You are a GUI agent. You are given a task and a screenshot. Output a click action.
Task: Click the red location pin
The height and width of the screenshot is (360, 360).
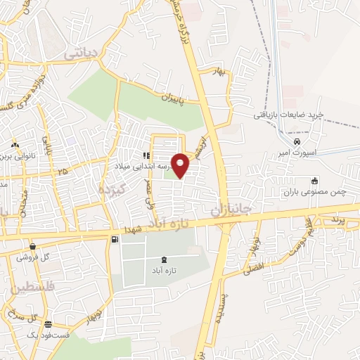coord(181,165)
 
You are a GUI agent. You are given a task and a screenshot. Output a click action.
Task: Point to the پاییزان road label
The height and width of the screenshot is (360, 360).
coord(170,100)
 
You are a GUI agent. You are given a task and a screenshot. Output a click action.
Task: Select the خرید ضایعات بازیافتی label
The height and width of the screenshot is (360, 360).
coord(288,114)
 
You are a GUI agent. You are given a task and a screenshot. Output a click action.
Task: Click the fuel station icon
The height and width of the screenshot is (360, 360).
coord(114,240)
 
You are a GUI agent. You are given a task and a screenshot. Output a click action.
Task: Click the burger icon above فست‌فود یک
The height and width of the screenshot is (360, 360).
coord(48,325)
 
